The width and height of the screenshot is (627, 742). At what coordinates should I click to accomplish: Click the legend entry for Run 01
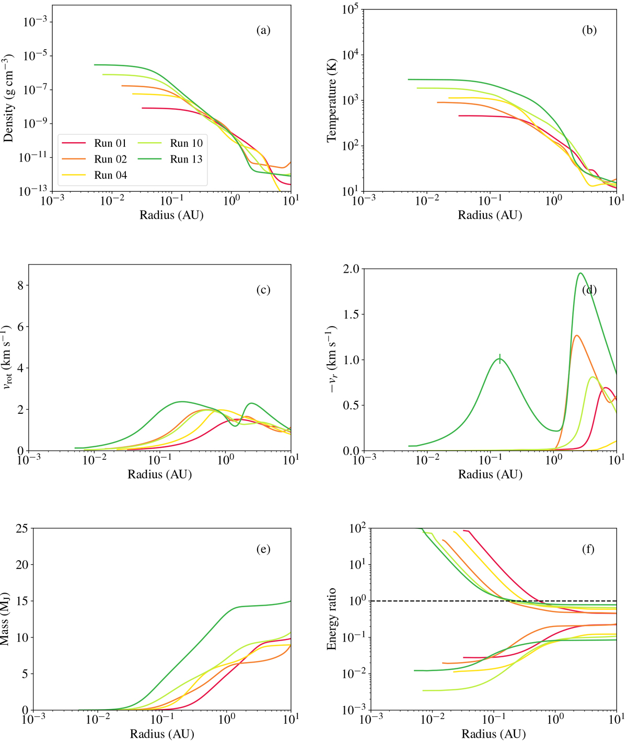(110, 143)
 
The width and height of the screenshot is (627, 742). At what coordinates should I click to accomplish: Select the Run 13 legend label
(186, 159)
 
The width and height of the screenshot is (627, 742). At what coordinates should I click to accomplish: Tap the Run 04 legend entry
(110, 175)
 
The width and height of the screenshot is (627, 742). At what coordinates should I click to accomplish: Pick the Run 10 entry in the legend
(186, 143)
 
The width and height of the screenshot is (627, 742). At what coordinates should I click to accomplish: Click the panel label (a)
(263, 30)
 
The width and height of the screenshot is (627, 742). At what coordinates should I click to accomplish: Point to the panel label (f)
(589, 549)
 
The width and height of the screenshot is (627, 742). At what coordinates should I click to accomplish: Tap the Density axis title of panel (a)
(8, 99)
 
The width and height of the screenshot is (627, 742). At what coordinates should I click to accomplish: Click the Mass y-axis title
(8, 619)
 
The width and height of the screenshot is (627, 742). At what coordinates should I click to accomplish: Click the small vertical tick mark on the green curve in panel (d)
(500, 358)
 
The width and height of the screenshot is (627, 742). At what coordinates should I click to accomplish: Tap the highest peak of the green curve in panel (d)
(580, 273)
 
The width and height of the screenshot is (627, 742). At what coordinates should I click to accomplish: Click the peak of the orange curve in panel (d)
(576, 335)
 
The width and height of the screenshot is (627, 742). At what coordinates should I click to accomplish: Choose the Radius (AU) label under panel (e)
(162, 734)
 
